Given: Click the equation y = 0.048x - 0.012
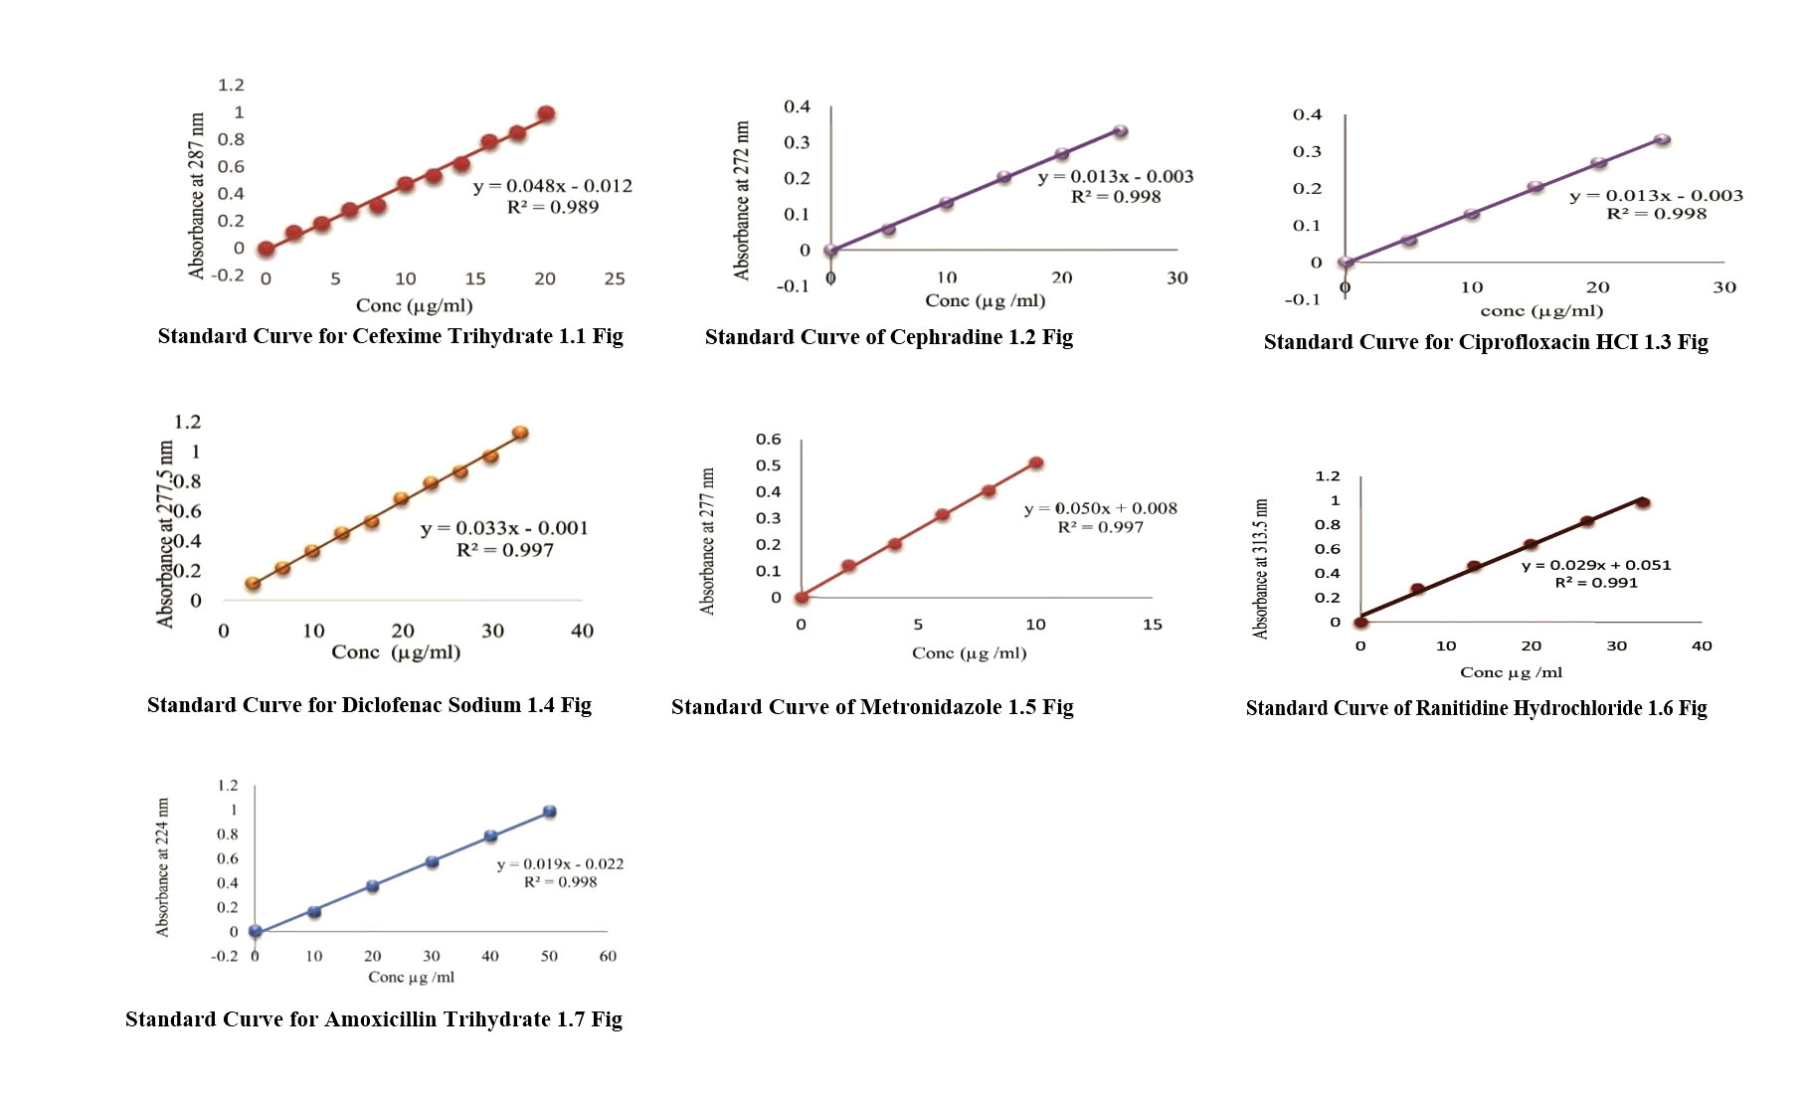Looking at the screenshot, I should point(552,186).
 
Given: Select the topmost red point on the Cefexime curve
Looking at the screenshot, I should point(545,114).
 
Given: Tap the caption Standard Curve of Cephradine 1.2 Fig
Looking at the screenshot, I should point(888,337).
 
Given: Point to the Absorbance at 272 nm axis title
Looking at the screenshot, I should point(742,200).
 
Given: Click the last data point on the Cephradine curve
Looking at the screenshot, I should point(1120,131).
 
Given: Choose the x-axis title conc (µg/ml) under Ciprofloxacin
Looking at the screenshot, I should point(1540,310).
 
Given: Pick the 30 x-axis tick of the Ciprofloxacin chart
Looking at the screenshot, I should point(1723,287).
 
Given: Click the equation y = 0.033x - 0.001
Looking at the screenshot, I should point(503,528).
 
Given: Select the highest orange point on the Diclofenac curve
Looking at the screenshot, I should point(519,433).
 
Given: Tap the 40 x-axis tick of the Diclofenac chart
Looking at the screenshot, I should point(582,631).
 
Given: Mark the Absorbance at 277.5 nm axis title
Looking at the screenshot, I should point(165,533).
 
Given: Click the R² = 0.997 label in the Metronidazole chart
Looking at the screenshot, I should point(1100,527).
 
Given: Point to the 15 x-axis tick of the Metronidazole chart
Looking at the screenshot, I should point(1152,625).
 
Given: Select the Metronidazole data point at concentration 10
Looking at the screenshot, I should point(1035,462).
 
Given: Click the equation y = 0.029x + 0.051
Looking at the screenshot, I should point(1595,565).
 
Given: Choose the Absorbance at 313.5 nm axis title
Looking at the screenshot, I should point(1261,568).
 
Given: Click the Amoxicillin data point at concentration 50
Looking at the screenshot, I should point(549,812).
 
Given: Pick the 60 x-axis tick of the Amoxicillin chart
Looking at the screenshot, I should point(608,956).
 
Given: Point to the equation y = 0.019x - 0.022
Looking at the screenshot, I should point(560,864).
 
